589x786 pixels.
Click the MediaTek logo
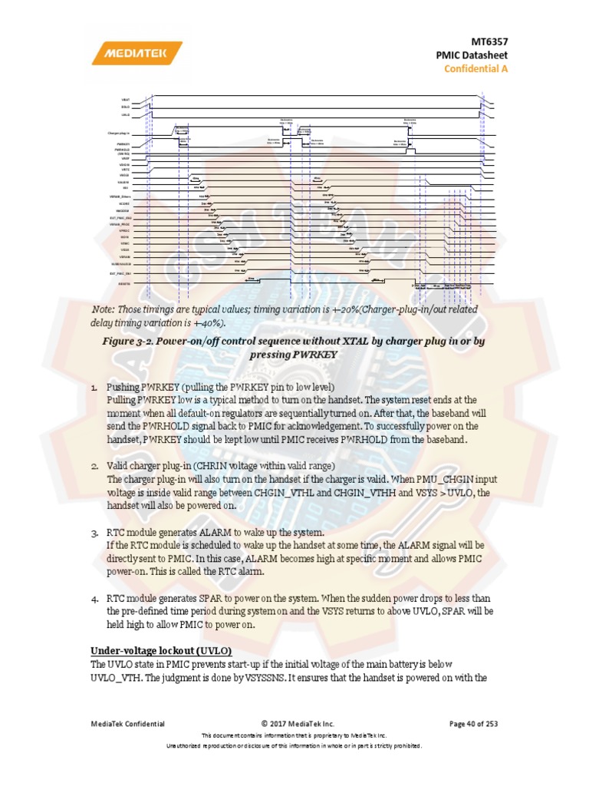pyautogui.click(x=137, y=54)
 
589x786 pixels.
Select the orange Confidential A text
pyautogui.click(x=475, y=69)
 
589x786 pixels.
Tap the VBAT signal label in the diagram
pyautogui.click(x=125, y=100)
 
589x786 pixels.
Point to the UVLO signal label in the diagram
pyautogui.click(x=125, y=114)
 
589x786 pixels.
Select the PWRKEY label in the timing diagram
pyautogui.click(x=123, y=144)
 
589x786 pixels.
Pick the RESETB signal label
pyautogui.click(x=123, y=283)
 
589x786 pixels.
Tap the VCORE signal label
pyautogui.click(x=124, y=203)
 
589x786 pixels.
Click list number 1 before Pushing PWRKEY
pyautogui.click(x=94, y=387)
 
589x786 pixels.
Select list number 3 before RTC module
pyautogui.click(x=94, y=532)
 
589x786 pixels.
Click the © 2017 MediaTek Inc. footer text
pyautogui.click(x=298, y=723)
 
